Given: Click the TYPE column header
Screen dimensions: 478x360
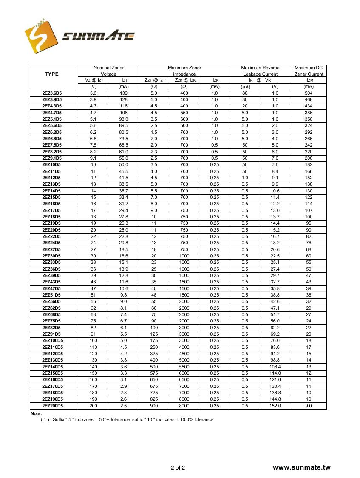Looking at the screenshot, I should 51,74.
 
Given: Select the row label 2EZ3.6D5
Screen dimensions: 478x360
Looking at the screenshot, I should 52,93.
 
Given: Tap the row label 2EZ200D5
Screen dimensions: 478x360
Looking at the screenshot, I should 52,406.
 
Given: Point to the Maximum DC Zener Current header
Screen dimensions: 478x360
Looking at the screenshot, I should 309,71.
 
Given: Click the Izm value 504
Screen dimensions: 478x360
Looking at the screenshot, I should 309,93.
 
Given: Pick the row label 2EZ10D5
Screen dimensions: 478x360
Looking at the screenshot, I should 51,164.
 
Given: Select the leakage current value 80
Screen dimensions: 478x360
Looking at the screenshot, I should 245,93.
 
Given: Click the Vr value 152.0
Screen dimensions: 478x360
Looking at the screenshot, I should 275,406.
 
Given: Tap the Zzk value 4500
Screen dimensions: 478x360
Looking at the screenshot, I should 184,354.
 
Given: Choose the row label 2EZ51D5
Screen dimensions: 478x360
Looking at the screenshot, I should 51,295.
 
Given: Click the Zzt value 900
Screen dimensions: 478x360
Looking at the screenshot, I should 154,406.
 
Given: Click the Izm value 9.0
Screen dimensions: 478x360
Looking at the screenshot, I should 309,406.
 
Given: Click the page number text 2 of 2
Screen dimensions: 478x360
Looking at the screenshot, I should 178,468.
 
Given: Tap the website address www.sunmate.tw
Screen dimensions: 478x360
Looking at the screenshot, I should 301,467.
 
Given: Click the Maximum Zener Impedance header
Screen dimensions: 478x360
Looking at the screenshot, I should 184,71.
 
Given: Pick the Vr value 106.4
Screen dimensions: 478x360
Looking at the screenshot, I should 275,367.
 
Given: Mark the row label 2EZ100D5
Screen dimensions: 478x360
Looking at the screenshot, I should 52,340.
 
